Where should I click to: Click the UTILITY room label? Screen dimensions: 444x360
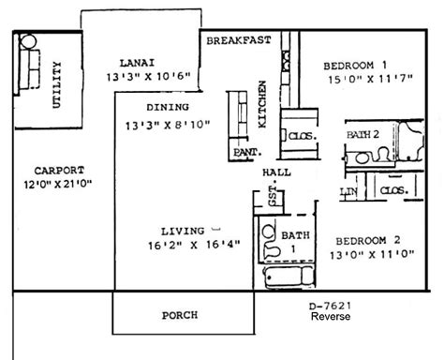click(x=56, y=84)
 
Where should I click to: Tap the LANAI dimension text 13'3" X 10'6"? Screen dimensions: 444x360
click(x=148, y=77)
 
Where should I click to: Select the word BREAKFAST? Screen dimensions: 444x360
click(x=239, y=40)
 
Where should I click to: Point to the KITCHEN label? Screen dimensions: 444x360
click(x=262, y=104)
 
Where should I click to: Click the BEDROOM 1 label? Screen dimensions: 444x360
click(x=355, y=66)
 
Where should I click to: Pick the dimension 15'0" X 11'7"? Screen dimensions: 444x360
click(x=371, y=79)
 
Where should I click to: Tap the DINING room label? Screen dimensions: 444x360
click(x=168, y=107)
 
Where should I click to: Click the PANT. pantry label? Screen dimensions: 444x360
click(x=247, y=152)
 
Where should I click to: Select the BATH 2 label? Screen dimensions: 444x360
click(x=363, y=134)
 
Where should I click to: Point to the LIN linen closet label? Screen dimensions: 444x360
click(x=348, y=191)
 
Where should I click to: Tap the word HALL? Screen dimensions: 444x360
click(x=276, y=172)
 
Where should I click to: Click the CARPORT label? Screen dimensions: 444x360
click(x=59, y=171)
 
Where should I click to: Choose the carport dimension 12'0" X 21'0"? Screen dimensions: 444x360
click(x=58, y=184)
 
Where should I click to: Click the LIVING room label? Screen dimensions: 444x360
click(x=183, y=232)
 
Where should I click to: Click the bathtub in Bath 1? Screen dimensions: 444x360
click(x=289, y=277)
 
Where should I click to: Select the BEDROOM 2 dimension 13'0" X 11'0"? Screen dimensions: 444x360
click(x=372, y=255)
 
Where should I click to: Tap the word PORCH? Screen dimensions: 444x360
click(x=180, y=315)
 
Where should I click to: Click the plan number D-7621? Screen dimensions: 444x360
click(x=331, y=306)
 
